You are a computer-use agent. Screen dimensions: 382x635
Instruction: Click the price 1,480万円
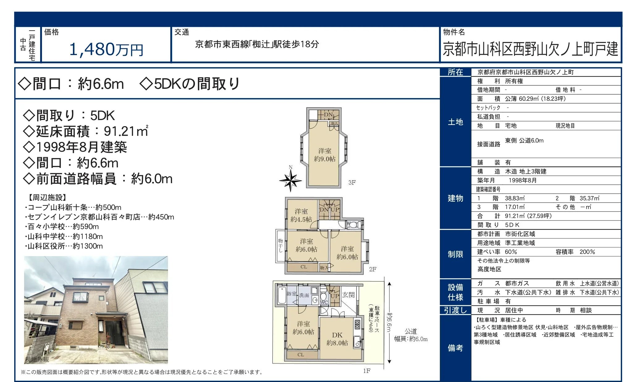click(106, 49)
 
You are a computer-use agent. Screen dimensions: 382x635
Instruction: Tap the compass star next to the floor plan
click(290, 181)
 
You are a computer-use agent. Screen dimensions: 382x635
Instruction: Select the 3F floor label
click(352, 182)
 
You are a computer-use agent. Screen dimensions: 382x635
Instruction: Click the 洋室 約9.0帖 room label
click(325, 155)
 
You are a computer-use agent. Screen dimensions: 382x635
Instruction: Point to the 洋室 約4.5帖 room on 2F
click(301, 215)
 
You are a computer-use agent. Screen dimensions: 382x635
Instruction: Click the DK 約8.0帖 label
click(337, 339)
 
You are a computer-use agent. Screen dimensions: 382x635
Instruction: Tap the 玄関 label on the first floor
click(348, 295)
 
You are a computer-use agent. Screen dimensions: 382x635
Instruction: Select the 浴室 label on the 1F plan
click(291, 294)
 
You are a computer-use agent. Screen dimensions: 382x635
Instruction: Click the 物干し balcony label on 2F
click(280, 245)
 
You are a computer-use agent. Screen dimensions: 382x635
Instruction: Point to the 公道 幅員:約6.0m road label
click(411, 335)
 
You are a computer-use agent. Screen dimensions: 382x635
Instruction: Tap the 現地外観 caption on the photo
click(37, 359)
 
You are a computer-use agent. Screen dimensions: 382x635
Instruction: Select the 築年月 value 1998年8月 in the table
click(522, 180)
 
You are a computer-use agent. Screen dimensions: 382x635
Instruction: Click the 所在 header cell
click(455, 72)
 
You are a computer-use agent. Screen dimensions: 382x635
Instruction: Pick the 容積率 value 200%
click(587, 252)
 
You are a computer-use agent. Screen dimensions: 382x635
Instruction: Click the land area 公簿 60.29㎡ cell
click(535, 99)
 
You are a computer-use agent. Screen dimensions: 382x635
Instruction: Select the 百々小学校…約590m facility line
click(63, 227)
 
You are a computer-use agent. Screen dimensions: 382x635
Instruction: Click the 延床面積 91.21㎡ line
click(86, 131)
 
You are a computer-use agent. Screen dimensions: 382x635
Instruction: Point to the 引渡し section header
click(455, 310)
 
